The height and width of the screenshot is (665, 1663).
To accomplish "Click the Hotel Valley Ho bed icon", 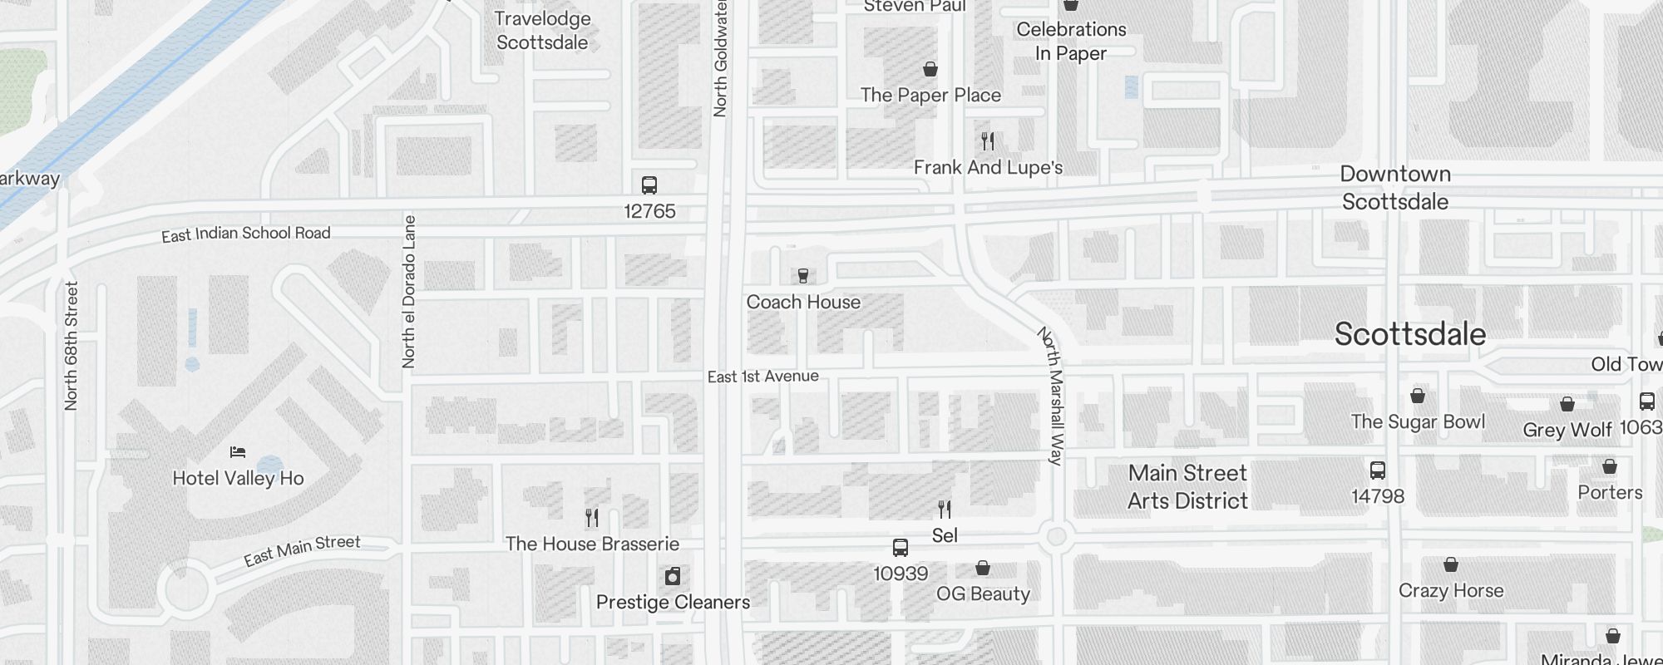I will tap(238, 452).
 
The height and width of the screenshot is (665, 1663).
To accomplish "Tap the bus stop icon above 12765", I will tap(649, 185).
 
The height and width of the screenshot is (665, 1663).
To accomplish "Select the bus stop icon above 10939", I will tap(900, 548).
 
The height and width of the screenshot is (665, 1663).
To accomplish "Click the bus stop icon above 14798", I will tap(1378, 470).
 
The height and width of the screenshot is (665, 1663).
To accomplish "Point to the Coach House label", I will tap(803, 303).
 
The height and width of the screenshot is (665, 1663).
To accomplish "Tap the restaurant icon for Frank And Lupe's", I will tap(988, 141).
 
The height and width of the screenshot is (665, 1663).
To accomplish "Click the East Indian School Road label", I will tap(246, 234).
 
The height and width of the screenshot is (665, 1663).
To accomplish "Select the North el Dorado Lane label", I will tap(408, 291).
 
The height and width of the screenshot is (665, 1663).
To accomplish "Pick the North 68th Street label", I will tap(72, 345).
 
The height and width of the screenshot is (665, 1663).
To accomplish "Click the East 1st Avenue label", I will tap(762, 377).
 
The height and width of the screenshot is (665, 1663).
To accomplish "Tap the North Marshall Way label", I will tap(1051, 396).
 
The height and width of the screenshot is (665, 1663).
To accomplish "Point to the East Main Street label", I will tap(302, 550).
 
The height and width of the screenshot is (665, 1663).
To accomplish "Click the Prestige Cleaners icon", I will tap(673, 576).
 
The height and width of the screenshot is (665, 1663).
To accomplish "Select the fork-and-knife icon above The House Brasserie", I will tap(592, 518).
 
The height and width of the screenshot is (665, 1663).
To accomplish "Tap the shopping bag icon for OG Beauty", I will tap(983, 569).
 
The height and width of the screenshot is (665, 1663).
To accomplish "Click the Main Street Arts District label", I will tap(1187, 487).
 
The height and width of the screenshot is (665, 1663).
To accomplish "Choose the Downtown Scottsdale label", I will tap(1395, 188).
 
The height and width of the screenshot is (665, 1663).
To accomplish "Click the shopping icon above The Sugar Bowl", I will tap(1418, 396).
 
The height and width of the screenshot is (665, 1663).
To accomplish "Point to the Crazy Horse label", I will tap(1451, 591).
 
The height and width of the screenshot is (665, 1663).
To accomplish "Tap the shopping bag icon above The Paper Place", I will tap(930, 69).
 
